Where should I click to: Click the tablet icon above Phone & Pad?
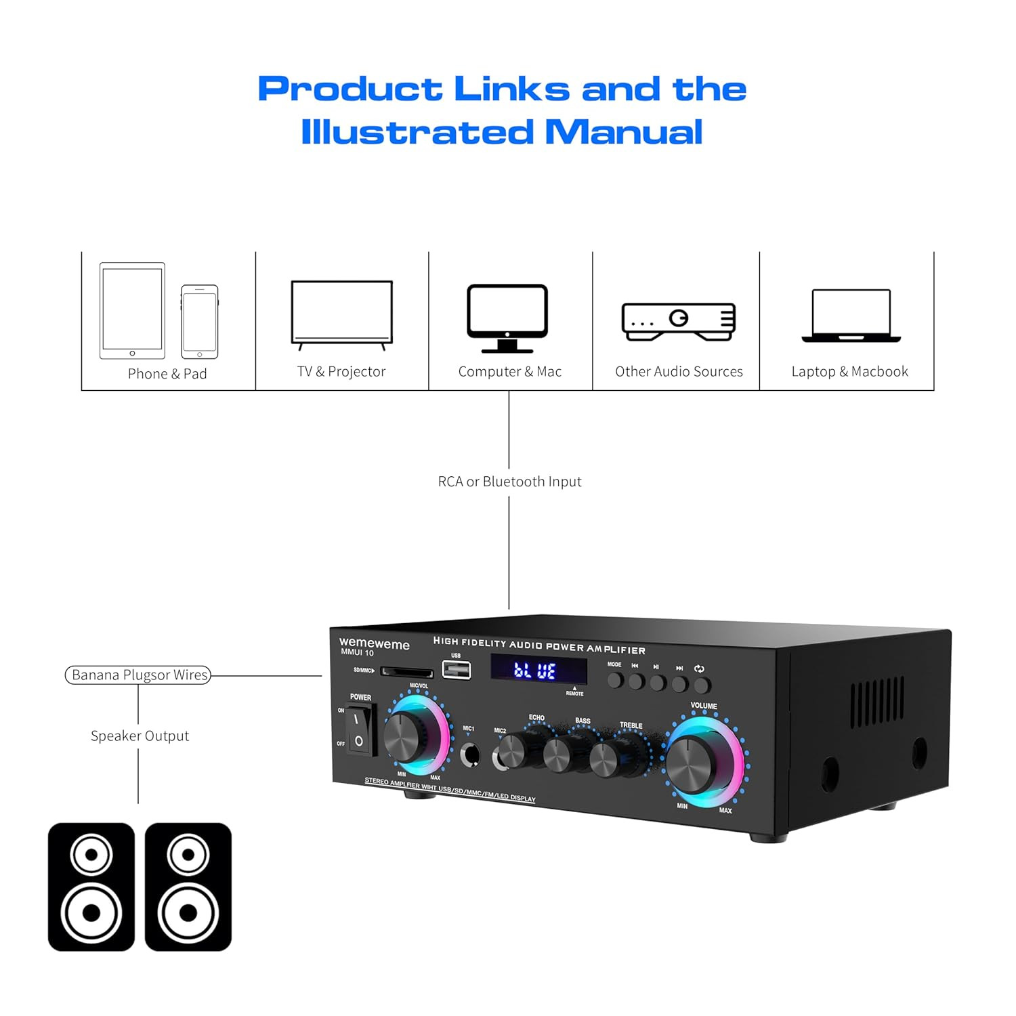pos(132,310)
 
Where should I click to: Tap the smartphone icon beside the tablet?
pos(200,322)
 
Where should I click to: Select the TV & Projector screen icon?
pos(341,312)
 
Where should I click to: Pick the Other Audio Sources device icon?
pos(679,321)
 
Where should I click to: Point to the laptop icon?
pos(851,316)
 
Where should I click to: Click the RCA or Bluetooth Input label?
pos(509,482)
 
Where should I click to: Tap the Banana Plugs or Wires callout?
pos(138,675)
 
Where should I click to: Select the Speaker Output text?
pos(140,736)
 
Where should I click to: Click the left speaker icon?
pos(91,887)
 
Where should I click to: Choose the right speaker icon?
pos(188,887)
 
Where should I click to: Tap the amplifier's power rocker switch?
pos(360,729)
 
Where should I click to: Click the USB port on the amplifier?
pos(457,669)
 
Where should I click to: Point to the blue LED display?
pos(538,671)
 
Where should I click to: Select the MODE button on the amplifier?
pos(615,680)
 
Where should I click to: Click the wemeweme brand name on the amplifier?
pos(374,643)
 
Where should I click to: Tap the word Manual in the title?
pos(624,132)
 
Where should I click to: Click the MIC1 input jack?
pos(469,755)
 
